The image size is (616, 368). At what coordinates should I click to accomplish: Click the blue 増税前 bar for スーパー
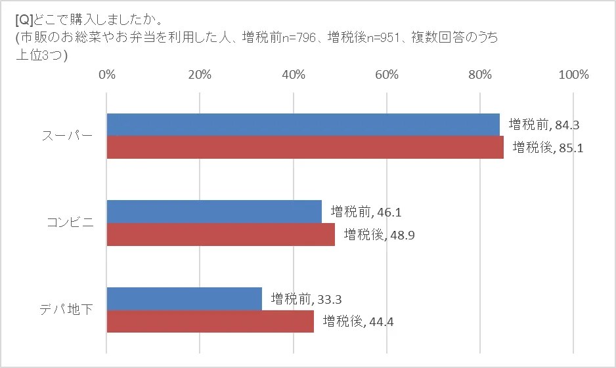(x=303, y=125)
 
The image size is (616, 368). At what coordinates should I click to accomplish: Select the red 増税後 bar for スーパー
(x=305, y=147)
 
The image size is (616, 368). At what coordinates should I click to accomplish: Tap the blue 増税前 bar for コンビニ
(x=214, y=211)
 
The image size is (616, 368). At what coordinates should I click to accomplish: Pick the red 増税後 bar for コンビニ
(x=221, y=234)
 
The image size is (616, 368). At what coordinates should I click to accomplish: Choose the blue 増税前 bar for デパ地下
(x=184, y=298)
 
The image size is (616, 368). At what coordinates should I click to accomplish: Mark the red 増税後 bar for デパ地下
(x=210, y=321)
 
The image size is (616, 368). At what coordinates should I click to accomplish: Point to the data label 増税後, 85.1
(x=548, y=147)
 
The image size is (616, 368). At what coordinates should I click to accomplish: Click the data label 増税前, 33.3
(x=306, y=299)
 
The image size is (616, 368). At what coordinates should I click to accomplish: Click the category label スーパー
(x=68, y=136)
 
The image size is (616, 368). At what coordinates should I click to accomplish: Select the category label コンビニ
(x=70, y=223)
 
